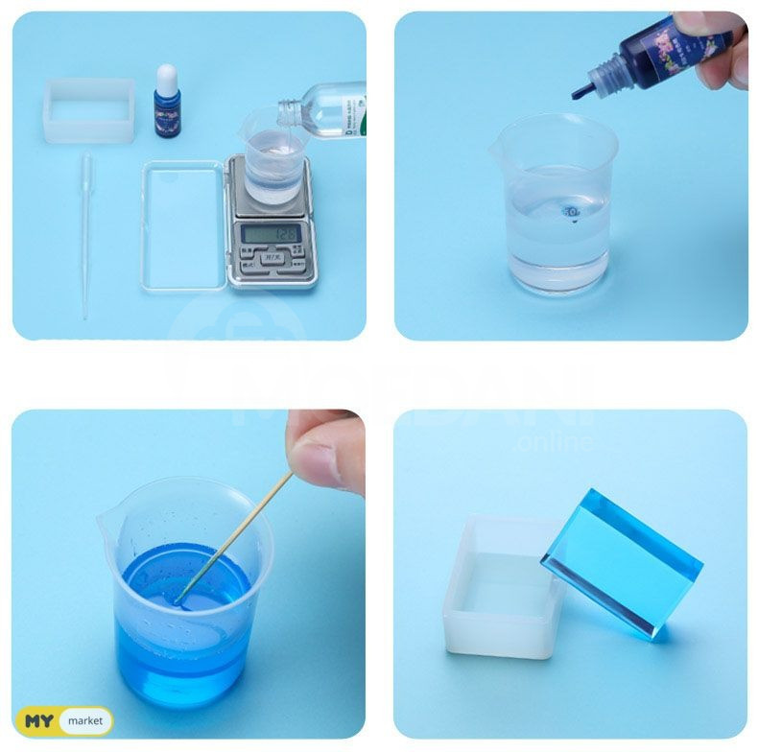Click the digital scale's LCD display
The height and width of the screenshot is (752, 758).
(272, 233)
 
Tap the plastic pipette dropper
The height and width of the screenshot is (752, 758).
(86, 230)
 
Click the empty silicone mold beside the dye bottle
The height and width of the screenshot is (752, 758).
(89, 110)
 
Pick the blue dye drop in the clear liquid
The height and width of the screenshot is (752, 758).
(572, 210)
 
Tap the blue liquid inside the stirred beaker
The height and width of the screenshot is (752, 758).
(182, 614)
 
